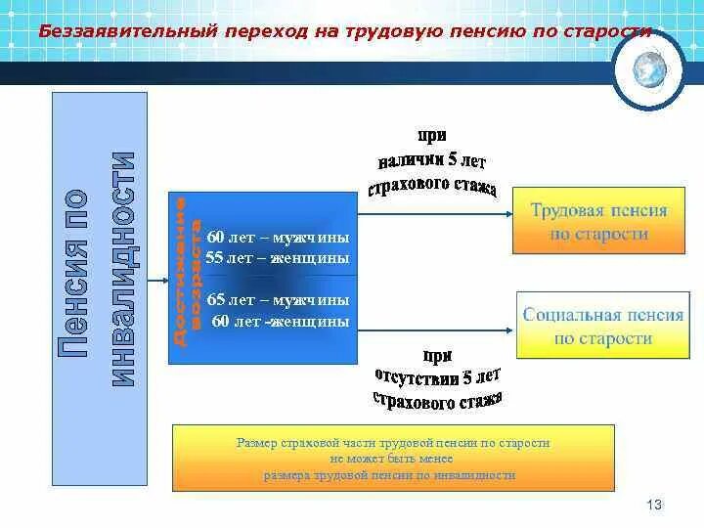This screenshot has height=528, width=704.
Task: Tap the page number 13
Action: click(655, 505)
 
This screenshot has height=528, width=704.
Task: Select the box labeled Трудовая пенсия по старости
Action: click(598, 222)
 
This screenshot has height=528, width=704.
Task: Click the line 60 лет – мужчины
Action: click(278, 239)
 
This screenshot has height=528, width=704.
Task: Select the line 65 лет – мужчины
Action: click(278, 299)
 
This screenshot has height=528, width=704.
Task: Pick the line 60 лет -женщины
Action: click(278, 320)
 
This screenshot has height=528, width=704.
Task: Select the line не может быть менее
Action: click(391, 458)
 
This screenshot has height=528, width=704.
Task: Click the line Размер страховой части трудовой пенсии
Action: click(392, 443)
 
